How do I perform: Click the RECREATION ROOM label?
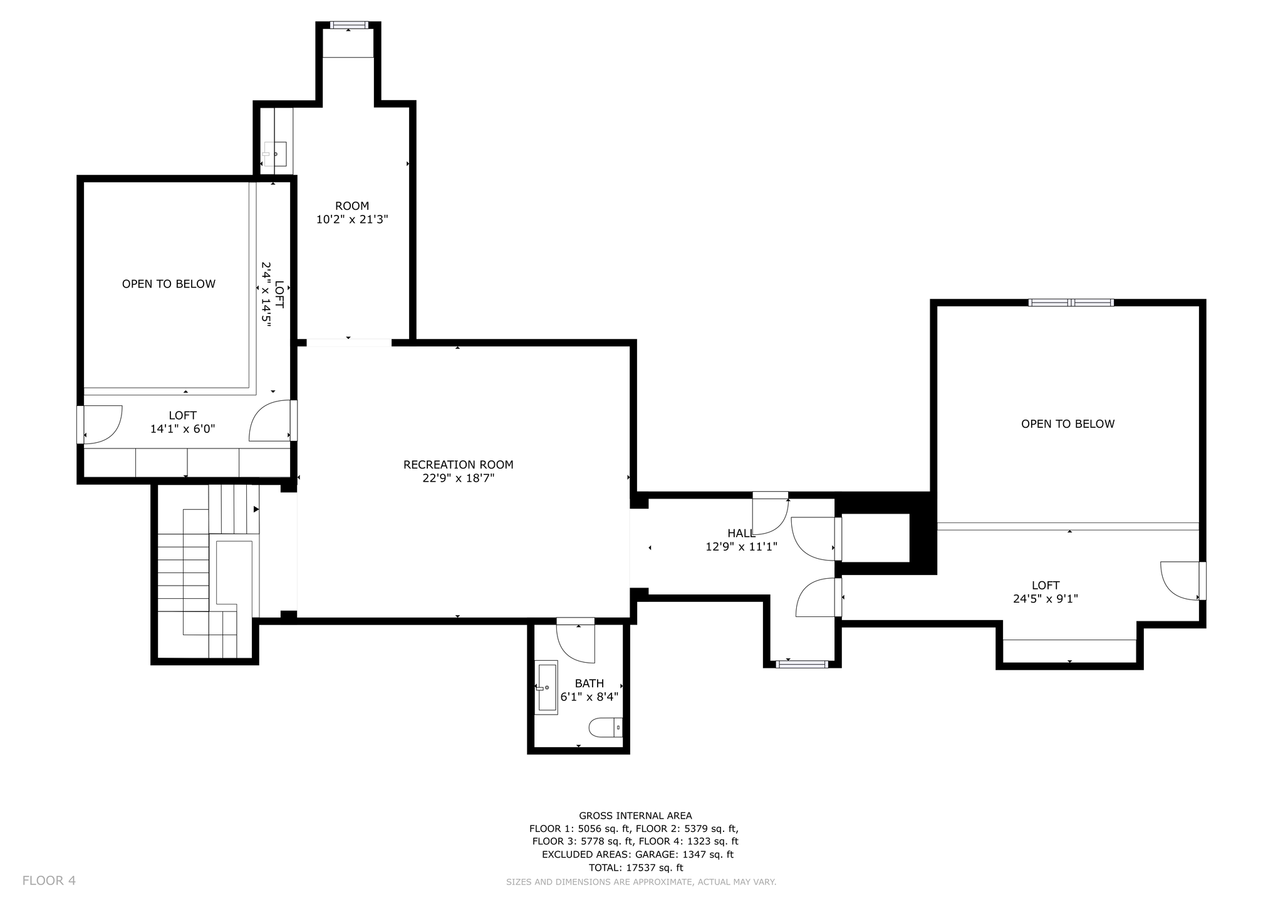click(458, 465)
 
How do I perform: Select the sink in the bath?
click(546, 687)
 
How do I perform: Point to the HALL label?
click(741, 533)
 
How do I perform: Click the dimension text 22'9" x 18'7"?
click(458, 479)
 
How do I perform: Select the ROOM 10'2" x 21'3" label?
click(352, 212)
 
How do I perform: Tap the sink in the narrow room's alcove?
click(275, 153)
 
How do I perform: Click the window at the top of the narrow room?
click(348, 25)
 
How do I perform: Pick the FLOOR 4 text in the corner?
click(49, 881)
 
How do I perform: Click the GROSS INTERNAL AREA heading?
click(635, 816)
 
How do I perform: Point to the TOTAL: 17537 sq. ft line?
click(635, 868)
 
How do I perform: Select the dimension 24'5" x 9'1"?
click(1045, 599)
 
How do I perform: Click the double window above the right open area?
click(1071, 303)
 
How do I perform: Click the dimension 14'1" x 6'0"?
click(182, 429)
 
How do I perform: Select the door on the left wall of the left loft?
click(99, 425)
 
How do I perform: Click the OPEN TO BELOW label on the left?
click(169, 284)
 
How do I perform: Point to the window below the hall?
click(802, 664)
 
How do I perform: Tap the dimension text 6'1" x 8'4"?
click(589, 697)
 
